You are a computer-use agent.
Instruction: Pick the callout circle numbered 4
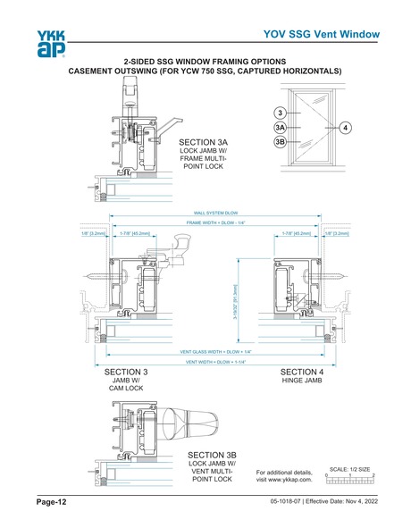(344, 128)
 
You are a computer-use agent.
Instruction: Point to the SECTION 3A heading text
(204, 142)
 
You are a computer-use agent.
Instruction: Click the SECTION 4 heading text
(302, 371)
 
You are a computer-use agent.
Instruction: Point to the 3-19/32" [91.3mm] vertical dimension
(235, 302)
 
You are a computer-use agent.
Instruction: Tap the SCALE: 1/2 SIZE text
(349, 468)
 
